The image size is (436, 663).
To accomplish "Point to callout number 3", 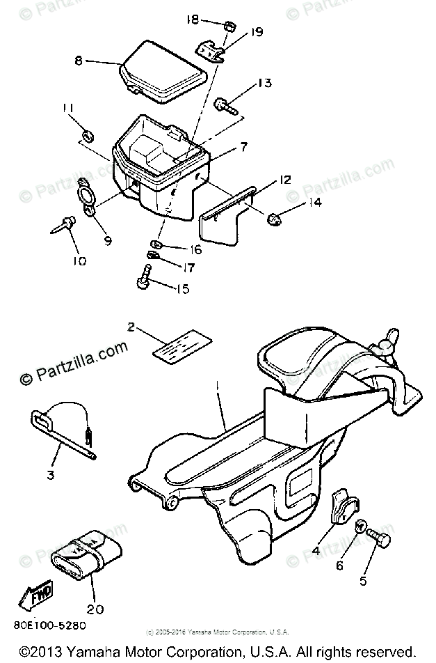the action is [x=51, y=476].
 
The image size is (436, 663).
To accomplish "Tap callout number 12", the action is [x=285, y=179].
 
